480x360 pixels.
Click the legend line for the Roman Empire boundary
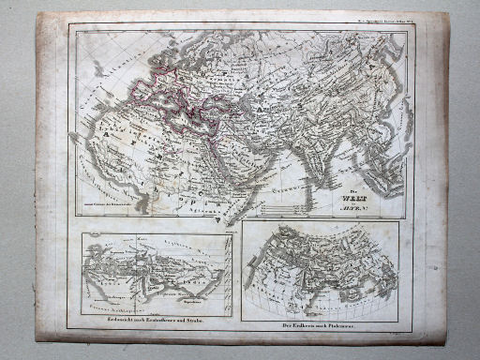pyautogui.click(x=108, y=201)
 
